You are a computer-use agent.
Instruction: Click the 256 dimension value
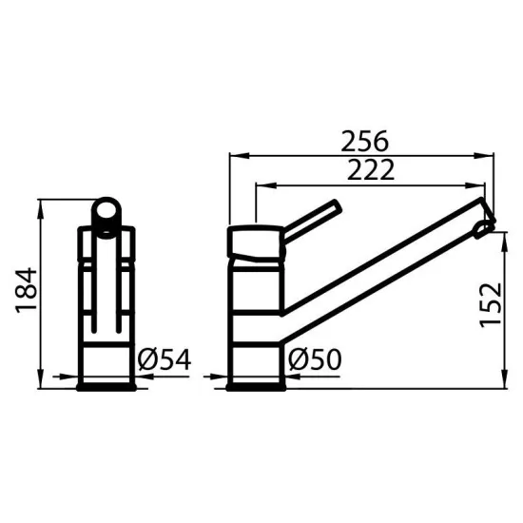[x=364, y=141]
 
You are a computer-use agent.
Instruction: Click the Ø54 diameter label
[x=165, y=359]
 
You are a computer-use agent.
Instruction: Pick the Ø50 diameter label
[x=313, y=359]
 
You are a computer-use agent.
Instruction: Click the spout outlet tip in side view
[x=486, y=223]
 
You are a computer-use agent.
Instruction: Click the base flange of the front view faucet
[x=108, y=383]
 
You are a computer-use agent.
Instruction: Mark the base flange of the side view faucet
[x=257, y=383]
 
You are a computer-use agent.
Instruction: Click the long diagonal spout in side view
[x=380, y=261]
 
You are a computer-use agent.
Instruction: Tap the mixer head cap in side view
[x=257, y=242]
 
